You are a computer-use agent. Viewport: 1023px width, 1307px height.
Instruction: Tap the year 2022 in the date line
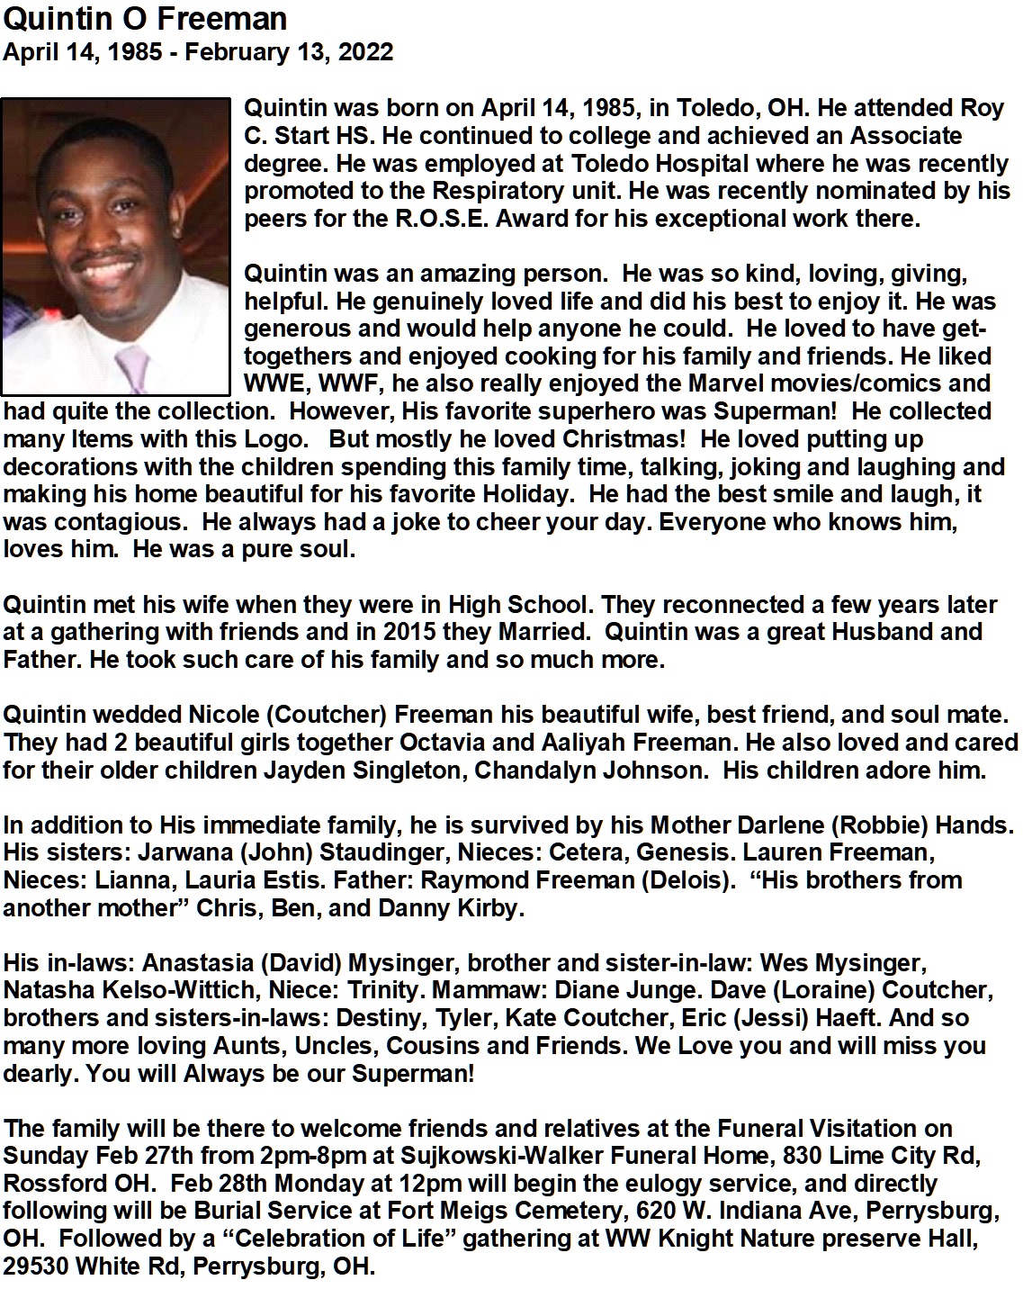[364, 51]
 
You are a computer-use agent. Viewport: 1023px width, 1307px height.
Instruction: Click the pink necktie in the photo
[132, 365]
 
